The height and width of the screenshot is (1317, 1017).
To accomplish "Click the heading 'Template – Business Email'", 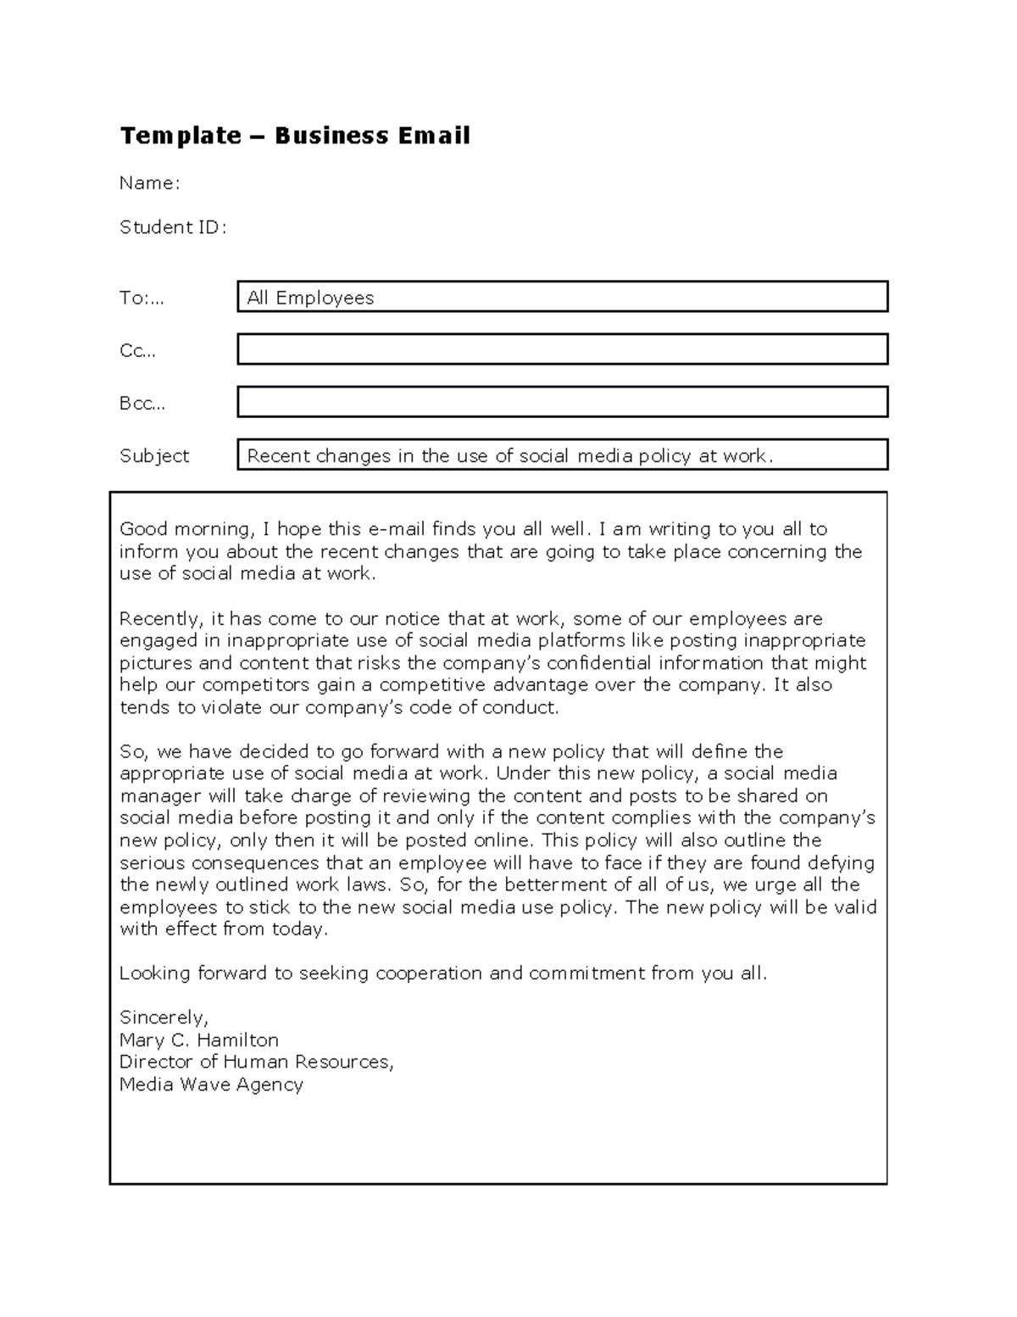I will click(x=295, y=136).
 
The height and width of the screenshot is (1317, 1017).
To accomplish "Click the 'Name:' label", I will click(x=149, y=183).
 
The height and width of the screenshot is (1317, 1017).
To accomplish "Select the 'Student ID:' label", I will click(x=173, y=227).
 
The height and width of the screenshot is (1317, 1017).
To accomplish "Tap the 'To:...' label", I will click(x=142, y=298).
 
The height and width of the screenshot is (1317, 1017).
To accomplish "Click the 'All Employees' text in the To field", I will click(x=310, y=298).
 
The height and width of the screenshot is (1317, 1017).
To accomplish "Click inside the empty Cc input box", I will click(x=562, y=349).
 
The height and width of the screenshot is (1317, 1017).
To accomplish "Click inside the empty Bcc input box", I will click(x=562, y=402).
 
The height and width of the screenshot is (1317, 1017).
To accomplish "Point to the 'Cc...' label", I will click(x=138, y=350).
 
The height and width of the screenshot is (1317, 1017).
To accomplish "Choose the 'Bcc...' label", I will click(x=142, y=403).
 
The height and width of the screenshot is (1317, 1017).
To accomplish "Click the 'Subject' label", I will click(x=154, y=455).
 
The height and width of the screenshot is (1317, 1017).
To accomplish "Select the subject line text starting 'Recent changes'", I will click(x=509, y=455).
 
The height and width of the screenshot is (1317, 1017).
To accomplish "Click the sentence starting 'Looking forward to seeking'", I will click(x=442, y=974).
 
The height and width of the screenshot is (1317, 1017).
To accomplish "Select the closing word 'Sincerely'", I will click(x=163, y=1018).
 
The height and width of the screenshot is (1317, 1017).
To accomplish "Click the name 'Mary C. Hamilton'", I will click(x=199, y=1040).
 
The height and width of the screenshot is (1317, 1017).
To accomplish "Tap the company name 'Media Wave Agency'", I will click(x=211, y=1084).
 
